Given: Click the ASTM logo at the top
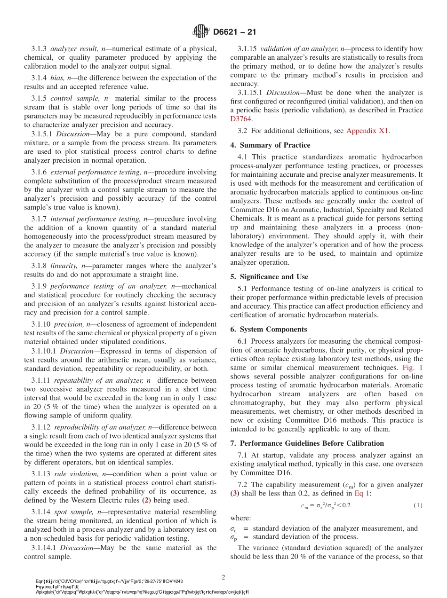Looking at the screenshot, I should click(201, 32).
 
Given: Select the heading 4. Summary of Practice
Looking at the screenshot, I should click(270, 145).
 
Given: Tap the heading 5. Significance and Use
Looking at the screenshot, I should click(269, 277).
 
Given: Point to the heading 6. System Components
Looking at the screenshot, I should click(268, 330).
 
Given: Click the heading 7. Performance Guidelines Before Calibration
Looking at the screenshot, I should click(307, 443).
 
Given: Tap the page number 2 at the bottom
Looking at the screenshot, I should click(223, 577).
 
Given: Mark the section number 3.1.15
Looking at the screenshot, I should click(247, 49).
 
